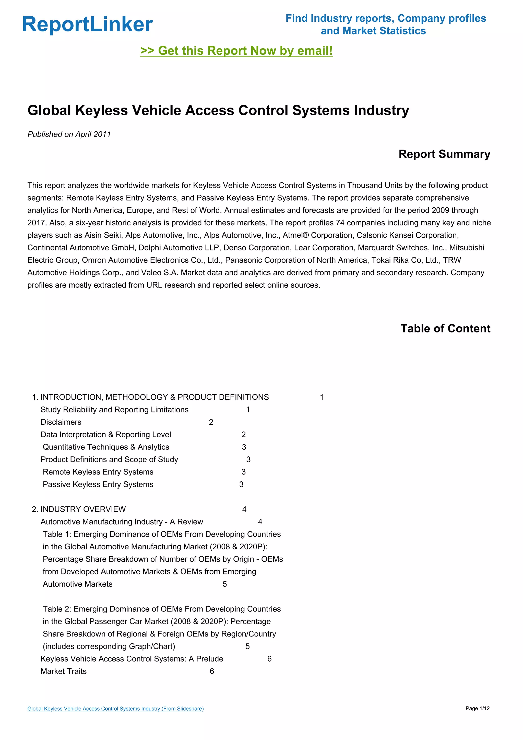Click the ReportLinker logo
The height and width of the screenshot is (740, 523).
pos(87,24)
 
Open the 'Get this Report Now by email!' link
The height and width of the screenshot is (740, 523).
pos(236,51)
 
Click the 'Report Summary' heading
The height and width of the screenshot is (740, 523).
pos(444,154)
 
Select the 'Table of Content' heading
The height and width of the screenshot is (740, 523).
pos(445,328)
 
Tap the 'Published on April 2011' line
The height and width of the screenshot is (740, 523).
pos(69,134)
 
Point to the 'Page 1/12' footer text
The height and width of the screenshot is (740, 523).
pos(477,708)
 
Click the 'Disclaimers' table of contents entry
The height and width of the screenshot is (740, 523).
pos(61,422)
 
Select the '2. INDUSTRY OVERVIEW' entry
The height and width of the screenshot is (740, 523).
pos(79,509)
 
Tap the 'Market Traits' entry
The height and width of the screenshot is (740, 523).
pos(63,671)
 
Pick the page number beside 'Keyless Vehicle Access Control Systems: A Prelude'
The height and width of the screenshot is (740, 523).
pos(269,659)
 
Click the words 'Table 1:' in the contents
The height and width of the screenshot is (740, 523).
pos(57,534)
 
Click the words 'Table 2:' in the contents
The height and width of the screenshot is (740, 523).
pos(57,609)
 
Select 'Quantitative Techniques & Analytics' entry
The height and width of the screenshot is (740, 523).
pos(106,447)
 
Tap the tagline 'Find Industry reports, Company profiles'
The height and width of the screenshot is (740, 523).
pos(386,18)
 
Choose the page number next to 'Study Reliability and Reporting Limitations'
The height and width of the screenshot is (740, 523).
pos(248,410)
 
